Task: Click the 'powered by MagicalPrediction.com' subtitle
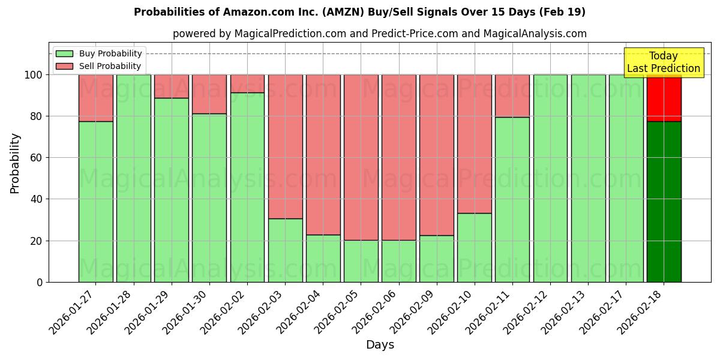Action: click(x=379, y=34)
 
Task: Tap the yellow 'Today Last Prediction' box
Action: click(x=663, y=62)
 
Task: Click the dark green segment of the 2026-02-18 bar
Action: click(x=664, y=202)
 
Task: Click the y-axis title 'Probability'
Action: click(x=15, y=163)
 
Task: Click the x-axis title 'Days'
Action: click(x=380, y=345)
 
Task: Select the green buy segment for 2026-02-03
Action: click(x=285, y=250)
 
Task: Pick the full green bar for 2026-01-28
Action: click(x=133, y=178)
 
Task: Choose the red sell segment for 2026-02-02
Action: click(x=247, y=83)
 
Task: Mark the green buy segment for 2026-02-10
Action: click(x=474, y=247)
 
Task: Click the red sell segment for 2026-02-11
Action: click(x=512, y=96)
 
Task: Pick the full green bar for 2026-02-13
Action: click(x=588, y=178)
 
